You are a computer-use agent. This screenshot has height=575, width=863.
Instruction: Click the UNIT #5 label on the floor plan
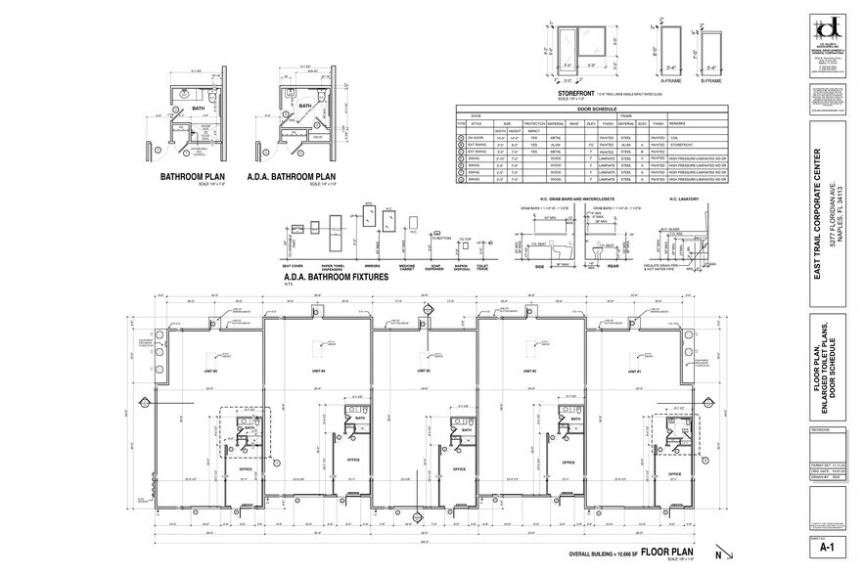pos(209,372)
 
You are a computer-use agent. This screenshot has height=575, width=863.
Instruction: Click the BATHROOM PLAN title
pos(193,178)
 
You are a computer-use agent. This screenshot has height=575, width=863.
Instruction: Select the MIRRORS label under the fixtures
pos(371,265)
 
